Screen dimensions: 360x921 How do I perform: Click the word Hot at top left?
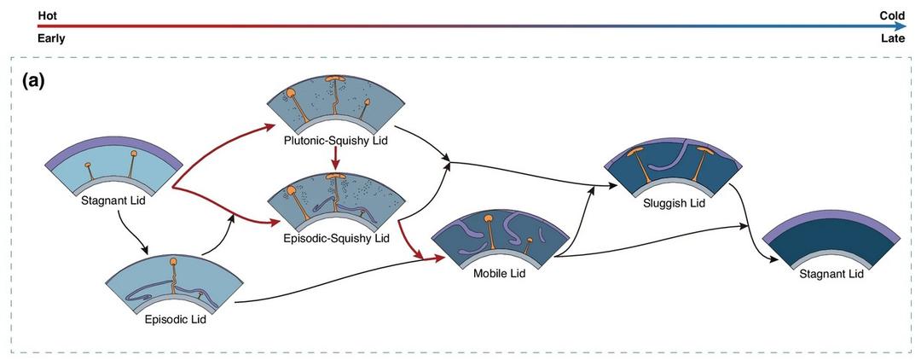(x=46, y=15)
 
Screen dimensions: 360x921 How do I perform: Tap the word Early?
(x=50, y=38)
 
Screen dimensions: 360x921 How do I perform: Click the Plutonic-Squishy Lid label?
(x=336, y=140)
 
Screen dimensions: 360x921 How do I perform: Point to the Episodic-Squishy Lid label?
(x=337, y=238)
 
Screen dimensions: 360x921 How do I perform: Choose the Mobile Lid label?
(x=498, y=274)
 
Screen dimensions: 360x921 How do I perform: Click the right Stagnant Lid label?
(x=832, y=274)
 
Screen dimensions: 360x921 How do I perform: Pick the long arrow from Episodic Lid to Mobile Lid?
(x=333, y=288)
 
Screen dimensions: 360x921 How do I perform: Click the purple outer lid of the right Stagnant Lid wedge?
(x=831, y=224)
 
